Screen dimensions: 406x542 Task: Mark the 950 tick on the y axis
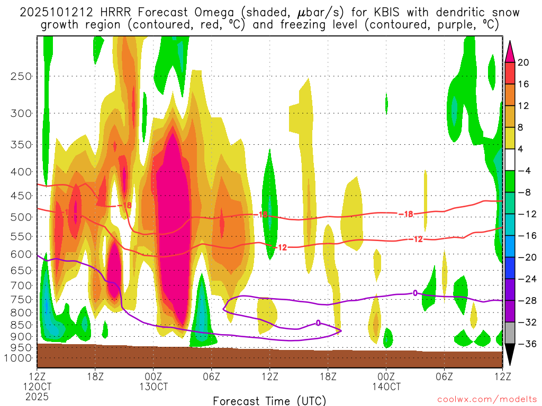tap(20, 347)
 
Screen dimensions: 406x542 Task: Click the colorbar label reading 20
tap(523, 62)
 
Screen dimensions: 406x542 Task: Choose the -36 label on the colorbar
tap(526, 344)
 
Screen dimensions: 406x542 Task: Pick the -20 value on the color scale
tap(526, 257)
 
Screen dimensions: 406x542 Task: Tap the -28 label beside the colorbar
tap(526, 300)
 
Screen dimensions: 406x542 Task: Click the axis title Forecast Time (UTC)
tap(269, 400)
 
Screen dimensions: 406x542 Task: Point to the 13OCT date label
tap(153, 386)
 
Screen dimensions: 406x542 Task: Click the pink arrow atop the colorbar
tap(510, 51)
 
